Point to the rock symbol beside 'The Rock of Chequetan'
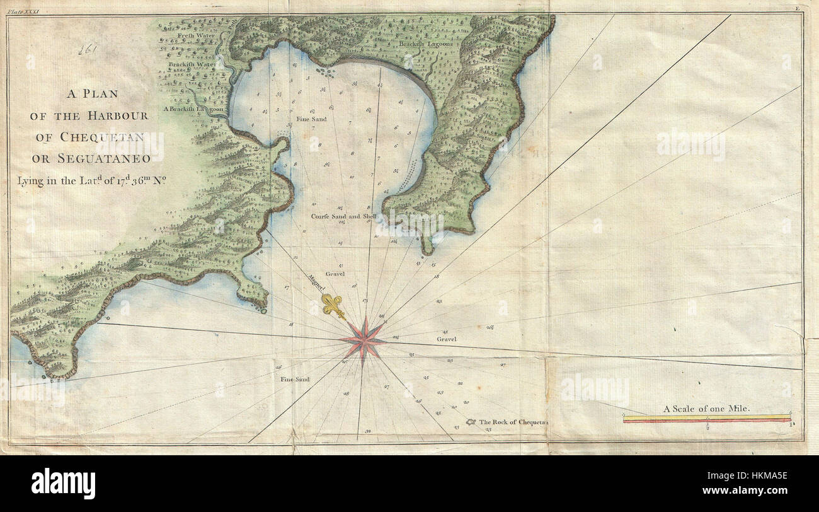coord(470,421)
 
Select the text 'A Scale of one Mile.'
coord(706,409)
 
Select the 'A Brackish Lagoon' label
coord(193,109)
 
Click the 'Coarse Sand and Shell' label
coord(344,216)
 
